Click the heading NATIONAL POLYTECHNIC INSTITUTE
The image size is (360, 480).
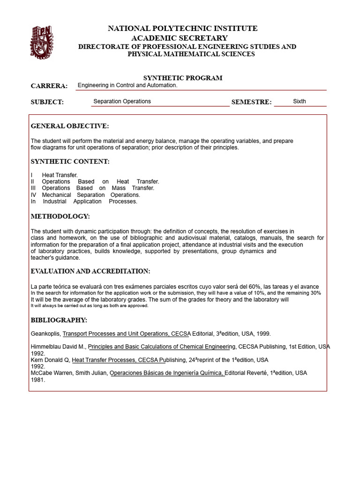[x=182, y=29]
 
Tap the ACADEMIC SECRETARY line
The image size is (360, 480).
[x=180, y=38]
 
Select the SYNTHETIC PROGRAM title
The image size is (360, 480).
[x=182, y=78]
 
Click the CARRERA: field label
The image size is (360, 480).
[x=49, y=86]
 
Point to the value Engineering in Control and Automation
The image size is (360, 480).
[x=127, y=85]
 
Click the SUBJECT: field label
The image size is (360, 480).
[x=47, y=102]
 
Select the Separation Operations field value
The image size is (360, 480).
[x=122, y=101]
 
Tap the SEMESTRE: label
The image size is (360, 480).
[x=251, y=102]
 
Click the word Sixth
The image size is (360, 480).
[x=299, y=101]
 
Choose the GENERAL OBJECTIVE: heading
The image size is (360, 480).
[x=69, y=126]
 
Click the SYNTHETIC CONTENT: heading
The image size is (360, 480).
[x=70, y=162]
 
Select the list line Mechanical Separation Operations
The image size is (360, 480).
[x=90, y=195]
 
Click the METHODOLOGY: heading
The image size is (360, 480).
[x=60, y=217]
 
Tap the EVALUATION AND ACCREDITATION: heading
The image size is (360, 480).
[x=90, y=271]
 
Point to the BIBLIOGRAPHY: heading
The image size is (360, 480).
[x=59, y=320]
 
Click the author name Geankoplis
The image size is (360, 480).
[x=45, y=334]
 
